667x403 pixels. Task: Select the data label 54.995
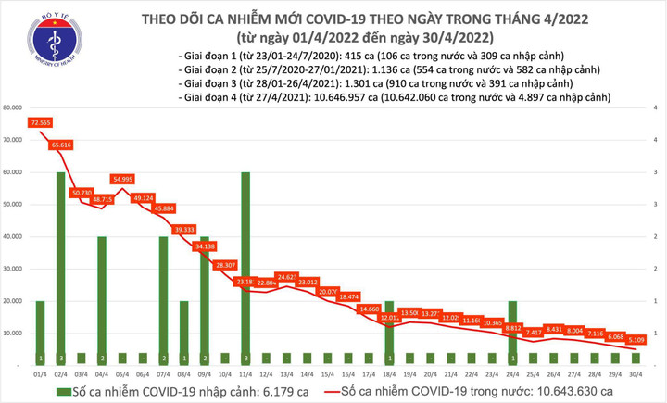click(x=122, y=178)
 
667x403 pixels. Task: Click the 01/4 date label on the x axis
click(x=41, y=375)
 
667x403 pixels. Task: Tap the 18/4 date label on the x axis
click(x=389, y=375)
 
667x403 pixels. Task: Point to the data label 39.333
click(x=183, y=229)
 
